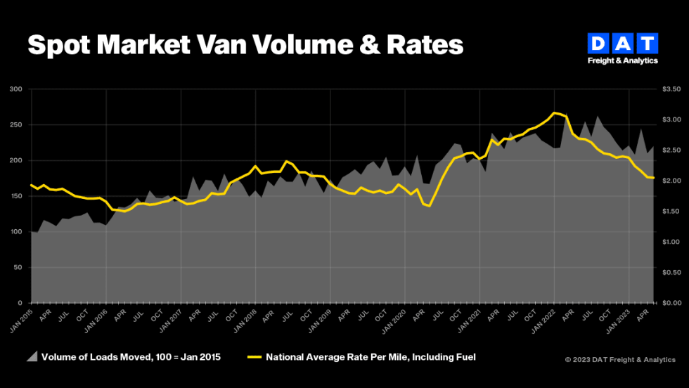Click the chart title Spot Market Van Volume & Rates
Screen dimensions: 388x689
tap(245, 45)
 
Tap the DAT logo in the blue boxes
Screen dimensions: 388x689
tap(623, 44)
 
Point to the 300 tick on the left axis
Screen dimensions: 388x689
tap(15, 89)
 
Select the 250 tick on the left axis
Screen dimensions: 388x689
tap(15, 125)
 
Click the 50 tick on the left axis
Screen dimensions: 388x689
tap(18, 268)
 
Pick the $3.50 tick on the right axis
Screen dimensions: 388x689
tap(671, 89)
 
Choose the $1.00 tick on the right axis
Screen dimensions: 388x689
tap(671, 242)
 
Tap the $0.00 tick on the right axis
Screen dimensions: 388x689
tap(671, 303)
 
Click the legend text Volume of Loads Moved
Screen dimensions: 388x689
tap(131, 357)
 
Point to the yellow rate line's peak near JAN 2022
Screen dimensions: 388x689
tap(555, 112)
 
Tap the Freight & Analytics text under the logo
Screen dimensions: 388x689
tap(623, 60)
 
